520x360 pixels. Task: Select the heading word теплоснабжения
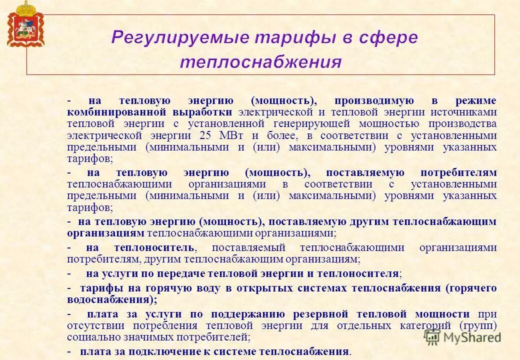coord(260,62)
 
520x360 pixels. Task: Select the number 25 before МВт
coord(205,135)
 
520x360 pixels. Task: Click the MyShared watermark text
coord(472,337)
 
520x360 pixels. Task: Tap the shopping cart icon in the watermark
coord(432,336)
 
